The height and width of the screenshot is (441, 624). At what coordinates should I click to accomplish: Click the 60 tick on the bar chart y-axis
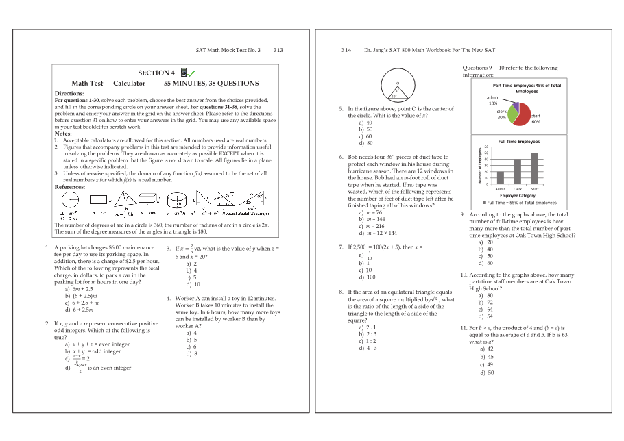pyautogui.click(x=486, y=147)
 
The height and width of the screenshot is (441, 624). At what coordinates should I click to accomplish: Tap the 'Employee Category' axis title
pyautogui.click(x=518, y=196)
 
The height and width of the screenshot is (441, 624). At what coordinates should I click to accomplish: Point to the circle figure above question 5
pyautogui.click(x=397, y=87)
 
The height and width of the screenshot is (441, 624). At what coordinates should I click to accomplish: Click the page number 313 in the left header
pyautogui.click(x=278, y=50)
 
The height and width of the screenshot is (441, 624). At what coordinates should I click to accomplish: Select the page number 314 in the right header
pyautogui.click(x=346, y=50)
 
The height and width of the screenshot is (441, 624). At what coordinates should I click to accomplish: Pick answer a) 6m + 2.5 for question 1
pyautogui.click(x=78, y=289)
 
